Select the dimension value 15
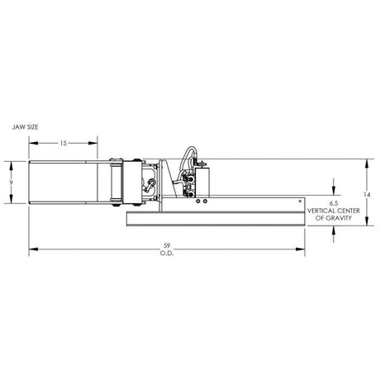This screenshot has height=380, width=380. click(63, 143)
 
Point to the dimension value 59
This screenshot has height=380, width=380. click(167, 245)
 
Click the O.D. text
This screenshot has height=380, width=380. click(167, 253)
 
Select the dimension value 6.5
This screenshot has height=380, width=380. click(332, 202)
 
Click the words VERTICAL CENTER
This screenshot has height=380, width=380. click(332, 210)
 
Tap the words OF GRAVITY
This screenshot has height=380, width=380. click(332, 217)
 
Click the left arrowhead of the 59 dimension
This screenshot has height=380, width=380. click(31, 248)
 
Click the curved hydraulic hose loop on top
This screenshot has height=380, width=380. click(188, 155)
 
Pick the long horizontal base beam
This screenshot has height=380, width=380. click(215, 217)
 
